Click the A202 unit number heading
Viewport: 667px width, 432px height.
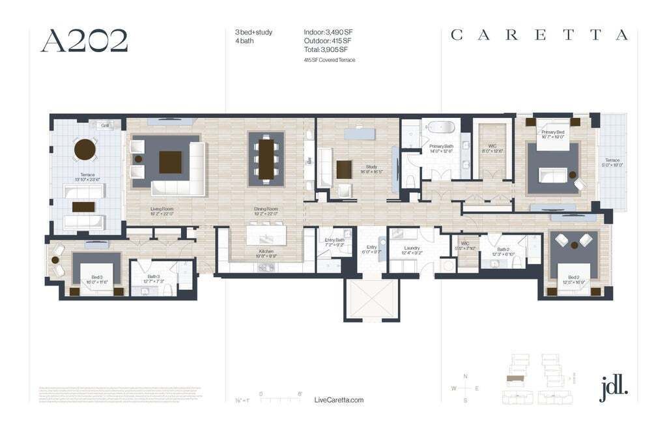pos(84,40)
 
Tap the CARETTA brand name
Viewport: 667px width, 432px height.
pos(539,35)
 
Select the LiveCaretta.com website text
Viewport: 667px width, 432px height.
pos(339,400)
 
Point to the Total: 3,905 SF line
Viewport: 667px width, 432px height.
pos(326,49)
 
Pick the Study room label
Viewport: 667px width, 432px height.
pos(371,167)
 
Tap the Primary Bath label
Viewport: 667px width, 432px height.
pos(441,147)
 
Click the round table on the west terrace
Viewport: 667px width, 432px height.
pos(85,150)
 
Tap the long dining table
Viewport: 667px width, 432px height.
pos(266,158)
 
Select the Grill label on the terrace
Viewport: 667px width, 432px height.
pos(104,125)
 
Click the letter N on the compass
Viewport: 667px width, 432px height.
pos(464,377)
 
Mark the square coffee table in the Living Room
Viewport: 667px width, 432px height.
pos(170,162)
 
